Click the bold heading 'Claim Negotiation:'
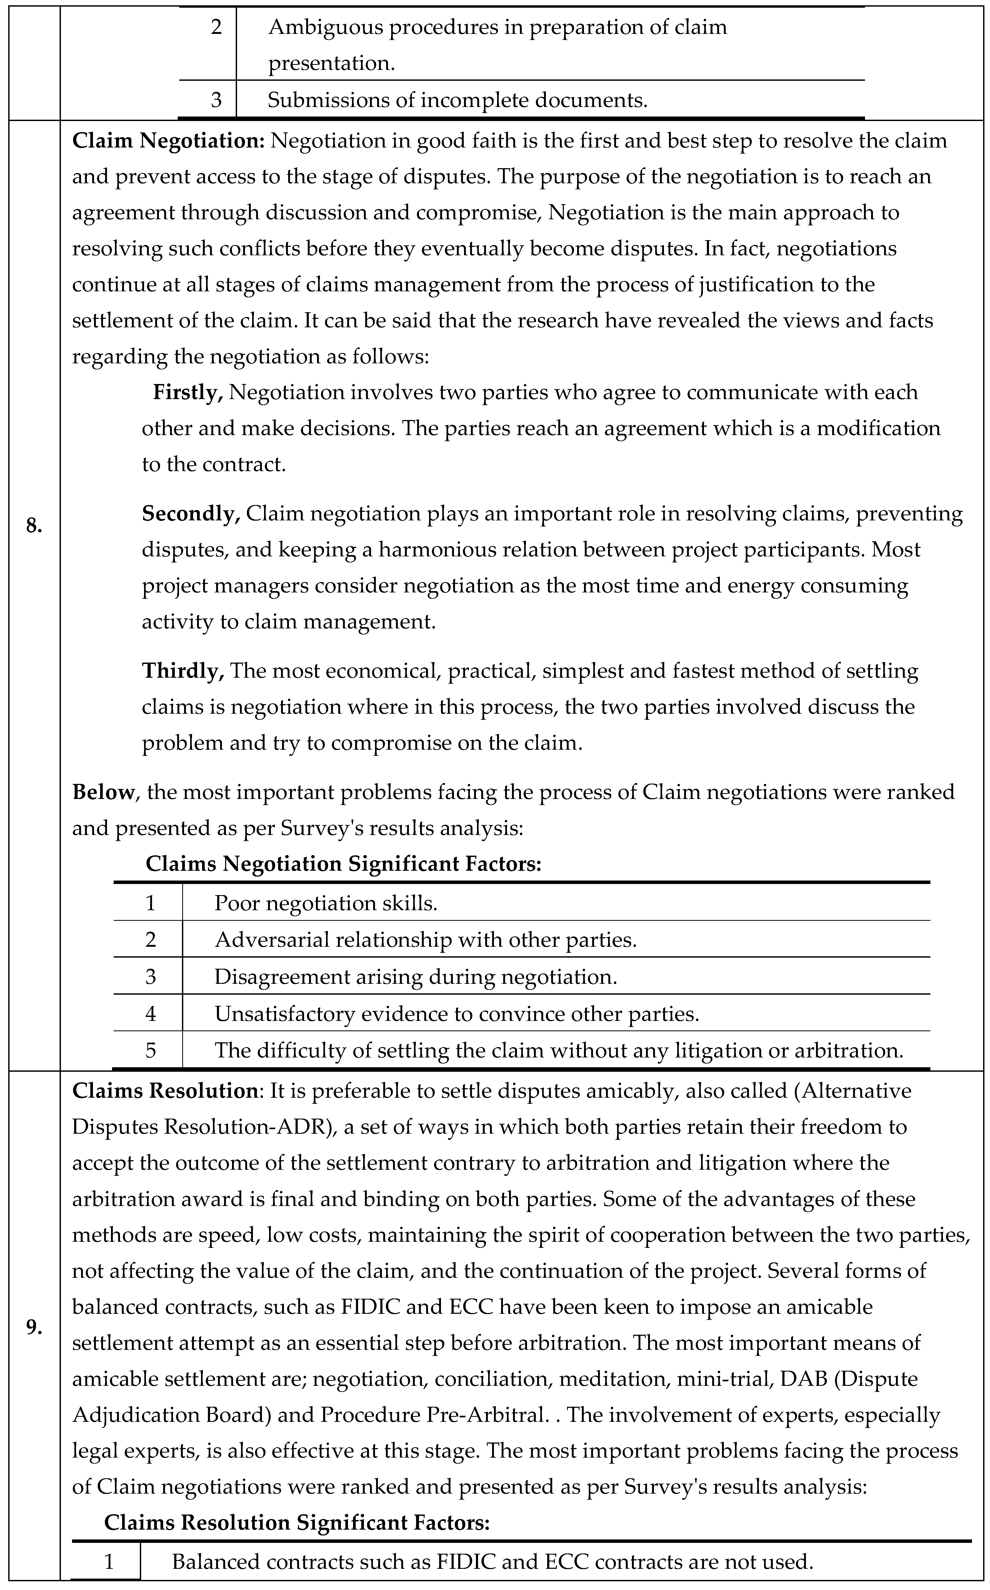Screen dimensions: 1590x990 pyautogui.click(x=168, y=141)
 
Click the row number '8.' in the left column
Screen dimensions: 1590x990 pyautogui.click(x=34, y=525)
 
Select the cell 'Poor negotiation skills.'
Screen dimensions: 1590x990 pyautogui.click(x=325, y=903)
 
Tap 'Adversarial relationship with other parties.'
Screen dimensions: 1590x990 pyautogui.click(x=426, y=940)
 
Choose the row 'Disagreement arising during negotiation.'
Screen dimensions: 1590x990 pyautogui.click(x=416, y=977)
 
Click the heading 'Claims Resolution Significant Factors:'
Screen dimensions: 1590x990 pyautogui.click(x=297, y=1522)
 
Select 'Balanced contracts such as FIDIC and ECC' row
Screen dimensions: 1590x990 pyautogui.click(x=492, y=1562)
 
